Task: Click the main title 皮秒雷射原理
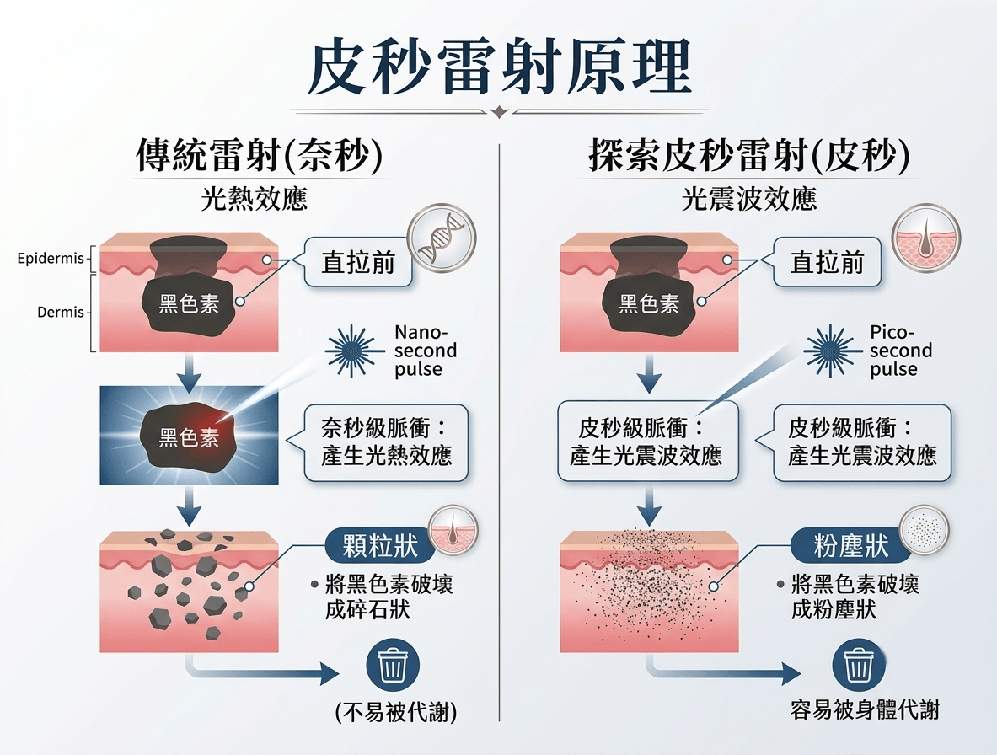[x=499, y=67]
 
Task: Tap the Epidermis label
[x=51, y=259]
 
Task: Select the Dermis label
[x=61, y=312]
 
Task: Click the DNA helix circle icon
[x=442, y=238]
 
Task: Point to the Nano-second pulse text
[x=426, y=351]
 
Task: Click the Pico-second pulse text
[x=901, y=351]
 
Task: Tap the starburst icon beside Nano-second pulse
[x=354, y=351]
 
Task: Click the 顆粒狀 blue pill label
[x=380, y=545]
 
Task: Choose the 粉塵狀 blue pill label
[x=850, y=545]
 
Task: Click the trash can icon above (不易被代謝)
[x=393, y=665]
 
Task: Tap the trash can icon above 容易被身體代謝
[x=859, y=665]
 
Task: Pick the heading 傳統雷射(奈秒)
[x=260, y=155]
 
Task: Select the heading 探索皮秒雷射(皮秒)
[x=749, y=155]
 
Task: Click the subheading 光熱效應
[x=255, y=199]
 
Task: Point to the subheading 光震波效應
[x=749, y=199]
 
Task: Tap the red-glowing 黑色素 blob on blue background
[x=188, y=436]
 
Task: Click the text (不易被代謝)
[x=395, y=712]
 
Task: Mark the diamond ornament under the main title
[x=500, y=112]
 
